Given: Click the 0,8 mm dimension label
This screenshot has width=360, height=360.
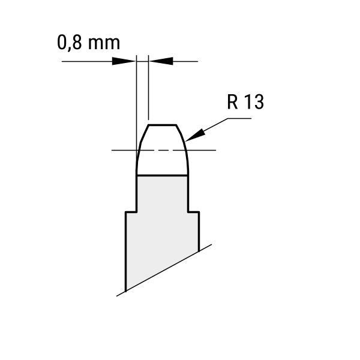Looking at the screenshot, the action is pyautogui.click(x=88, y=43).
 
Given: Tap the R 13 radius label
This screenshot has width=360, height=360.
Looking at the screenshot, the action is pyautogui.click(x=245, y=102).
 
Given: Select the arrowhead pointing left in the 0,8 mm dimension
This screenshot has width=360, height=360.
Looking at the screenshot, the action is pyautogui.click(x=161, y=61).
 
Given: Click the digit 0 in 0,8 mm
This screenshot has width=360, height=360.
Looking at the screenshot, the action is pyautogui.click(x=62, y=43).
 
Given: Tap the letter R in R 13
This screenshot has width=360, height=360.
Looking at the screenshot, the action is pyautogui.click(x=232, y=102).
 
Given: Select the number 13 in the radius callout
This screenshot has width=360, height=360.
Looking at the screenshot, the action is pyautogui.click(x=254, y=102).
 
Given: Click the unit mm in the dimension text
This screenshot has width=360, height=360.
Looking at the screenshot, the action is pyautogui.click(x=104, y=43).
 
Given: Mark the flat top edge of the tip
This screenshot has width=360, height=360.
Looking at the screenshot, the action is pyautogui.click(x=162, y=125).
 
